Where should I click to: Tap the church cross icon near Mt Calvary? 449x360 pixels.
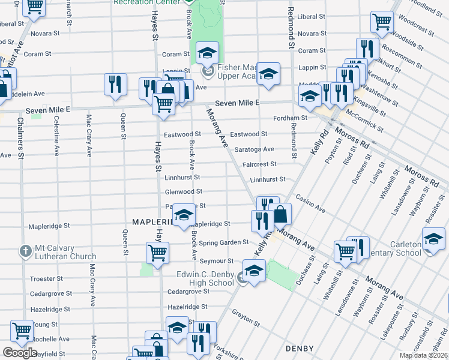pyautogui.click(x=25, y=250)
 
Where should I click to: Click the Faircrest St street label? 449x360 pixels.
pyautogui.click(x=259, y=164)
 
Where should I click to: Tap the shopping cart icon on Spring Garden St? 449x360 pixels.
pyautogui.click(x=157, y=252)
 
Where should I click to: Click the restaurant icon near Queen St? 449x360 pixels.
pyautogui.click(x=114, y=83)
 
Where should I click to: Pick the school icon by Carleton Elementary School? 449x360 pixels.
pyautogui.click(x=433, y=239)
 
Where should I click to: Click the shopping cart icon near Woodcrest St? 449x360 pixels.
pyautogui.click(x=382, y=22)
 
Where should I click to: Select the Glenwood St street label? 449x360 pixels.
pyautogui.click(x=184, y=192)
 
